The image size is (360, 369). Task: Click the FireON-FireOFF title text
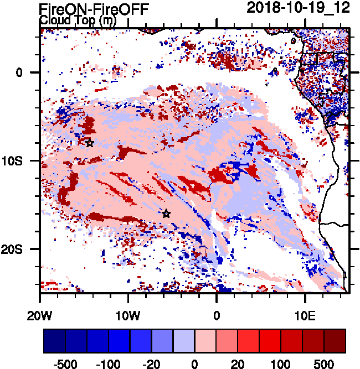pos(94,8)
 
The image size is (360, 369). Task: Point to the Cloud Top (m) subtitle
pos(77,20)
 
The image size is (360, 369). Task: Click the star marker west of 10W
pos(90,143)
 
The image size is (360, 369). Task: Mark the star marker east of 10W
pos(166,214)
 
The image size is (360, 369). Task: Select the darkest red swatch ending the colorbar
pos(335,341)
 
